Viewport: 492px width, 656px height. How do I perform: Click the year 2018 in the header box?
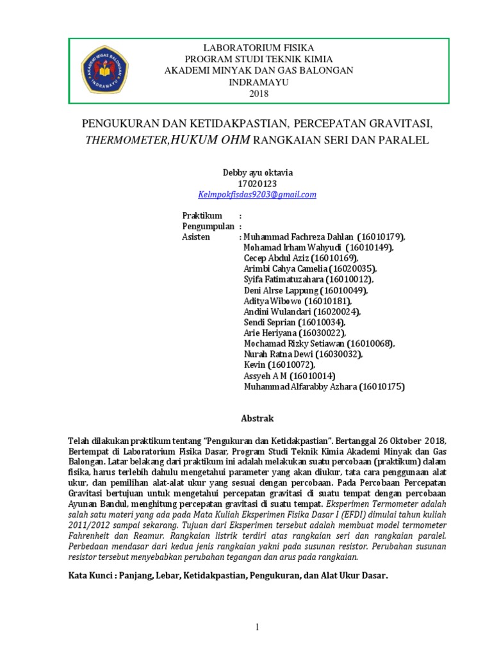pyautogui.click(x=259, y=94)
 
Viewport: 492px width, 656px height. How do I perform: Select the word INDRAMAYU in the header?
pyautogui.click(x=259, y=82)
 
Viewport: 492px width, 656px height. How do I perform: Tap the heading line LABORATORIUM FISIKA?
pyautogui.click(x=259, y=47)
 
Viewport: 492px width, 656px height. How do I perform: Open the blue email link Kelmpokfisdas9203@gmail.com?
pyautogui.click(x=258, y=194)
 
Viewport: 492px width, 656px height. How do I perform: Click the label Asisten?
pyautogui.click(x=196, y=237)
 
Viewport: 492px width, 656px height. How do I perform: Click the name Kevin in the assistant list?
pyautogui.click(x=254, y=365)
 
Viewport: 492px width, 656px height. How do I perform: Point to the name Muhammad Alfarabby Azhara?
pyautogui.click(x=300, y=387)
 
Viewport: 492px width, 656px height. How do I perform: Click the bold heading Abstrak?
pyautogui.click(x=257, y=418)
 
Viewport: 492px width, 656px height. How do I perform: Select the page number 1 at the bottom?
pyautogui.click(x=258, y=627)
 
